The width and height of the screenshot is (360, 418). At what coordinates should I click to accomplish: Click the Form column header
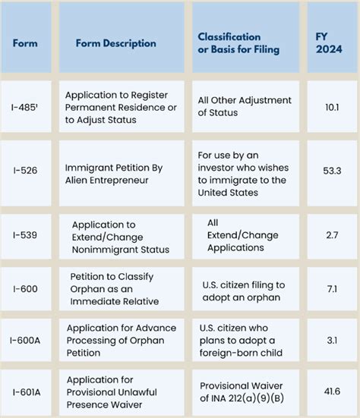point(25,43)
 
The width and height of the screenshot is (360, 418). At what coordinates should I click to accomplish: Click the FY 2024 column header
point(331,43)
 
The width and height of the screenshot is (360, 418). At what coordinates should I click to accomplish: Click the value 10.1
point(331,107)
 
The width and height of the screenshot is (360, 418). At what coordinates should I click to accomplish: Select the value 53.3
point(331,171)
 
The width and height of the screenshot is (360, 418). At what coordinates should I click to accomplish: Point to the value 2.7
point(331,237)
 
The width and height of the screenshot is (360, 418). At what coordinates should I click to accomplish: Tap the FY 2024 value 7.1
point(331,289)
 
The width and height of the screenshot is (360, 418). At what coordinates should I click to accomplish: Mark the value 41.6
point(331,391)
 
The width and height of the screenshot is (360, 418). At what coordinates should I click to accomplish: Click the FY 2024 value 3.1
point(331,341)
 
